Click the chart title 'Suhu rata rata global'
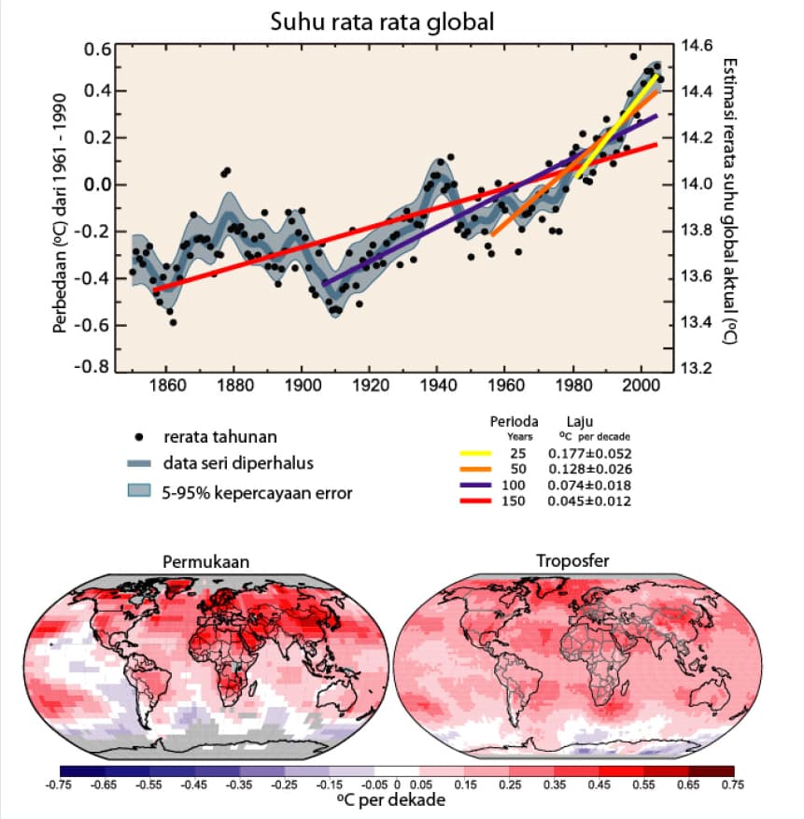tap(382, 22)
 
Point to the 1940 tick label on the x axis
tap(438, 386)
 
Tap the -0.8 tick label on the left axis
tap(92, 367)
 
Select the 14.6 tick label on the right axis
tap(697, 46)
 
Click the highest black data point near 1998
tap(633, 56)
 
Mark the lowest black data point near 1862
tap(173, 323)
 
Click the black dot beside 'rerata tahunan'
tap(139, 437)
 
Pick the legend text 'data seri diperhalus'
tap(238, 463)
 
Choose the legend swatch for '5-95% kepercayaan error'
tap(139, 490)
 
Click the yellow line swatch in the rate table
tap(475, 453)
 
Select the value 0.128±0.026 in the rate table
tap(590, 469)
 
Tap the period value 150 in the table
tap(513, 501)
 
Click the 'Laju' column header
tap(579, 421)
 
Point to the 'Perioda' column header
tap(515, 421)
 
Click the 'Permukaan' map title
tap(205, 562)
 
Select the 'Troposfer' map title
tap(572, 561)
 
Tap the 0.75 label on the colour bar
tap(732, 785)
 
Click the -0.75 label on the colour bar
tap(59, 785)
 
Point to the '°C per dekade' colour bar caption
tap(391, 800)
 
